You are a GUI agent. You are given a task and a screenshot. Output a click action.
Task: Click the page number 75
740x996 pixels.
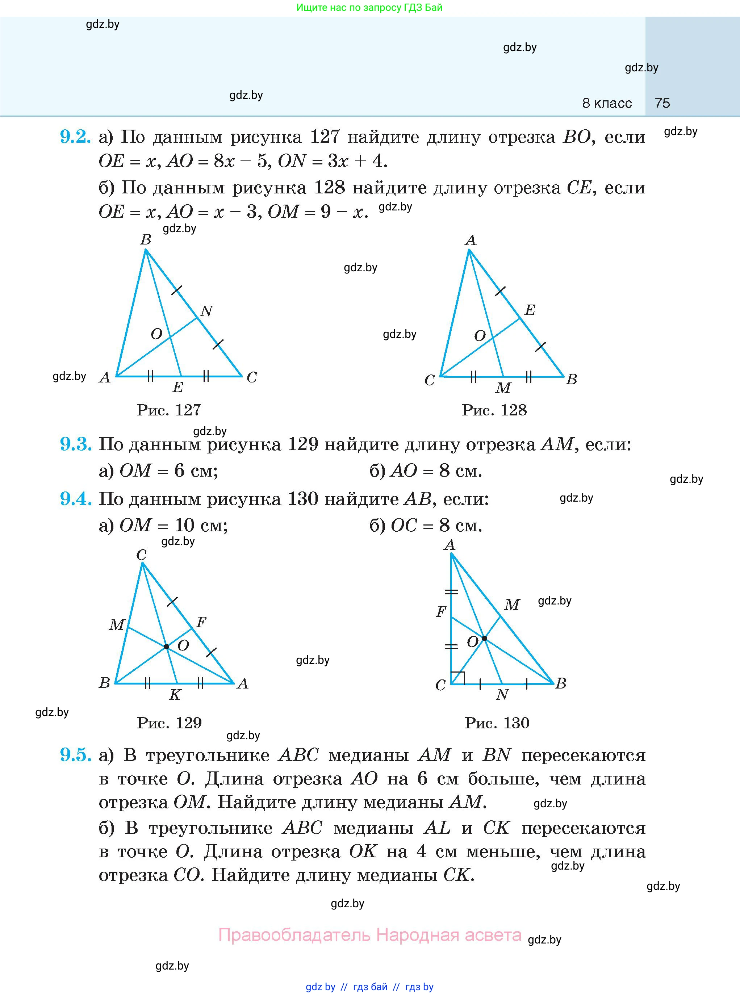pos(662,103)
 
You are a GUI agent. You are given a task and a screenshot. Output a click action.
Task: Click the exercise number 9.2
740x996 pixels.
pos(75,137)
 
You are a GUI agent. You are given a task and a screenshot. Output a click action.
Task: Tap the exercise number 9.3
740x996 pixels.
pos(75,444)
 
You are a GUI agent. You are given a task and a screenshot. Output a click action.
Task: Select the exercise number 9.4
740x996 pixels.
pos(75,499)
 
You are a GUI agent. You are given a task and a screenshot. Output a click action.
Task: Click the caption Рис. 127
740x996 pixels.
pos(168,410)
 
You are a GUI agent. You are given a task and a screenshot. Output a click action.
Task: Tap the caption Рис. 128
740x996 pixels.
pos(494,410)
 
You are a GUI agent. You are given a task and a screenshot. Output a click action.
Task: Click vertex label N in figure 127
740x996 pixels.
pos(206,311)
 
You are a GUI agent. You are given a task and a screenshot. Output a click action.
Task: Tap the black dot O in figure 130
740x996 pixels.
pos(484,638)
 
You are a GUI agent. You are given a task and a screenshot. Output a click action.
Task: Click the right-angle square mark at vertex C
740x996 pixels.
pos(458,678)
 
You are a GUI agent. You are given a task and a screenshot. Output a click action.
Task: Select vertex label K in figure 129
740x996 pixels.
pos(175,695)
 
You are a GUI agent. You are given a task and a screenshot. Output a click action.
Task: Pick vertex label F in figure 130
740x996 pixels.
pos(441,611)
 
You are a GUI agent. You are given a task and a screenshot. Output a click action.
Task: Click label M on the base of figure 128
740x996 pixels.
pos(503,388)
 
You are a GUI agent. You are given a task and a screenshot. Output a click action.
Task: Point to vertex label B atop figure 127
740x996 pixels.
pos(146,240)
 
